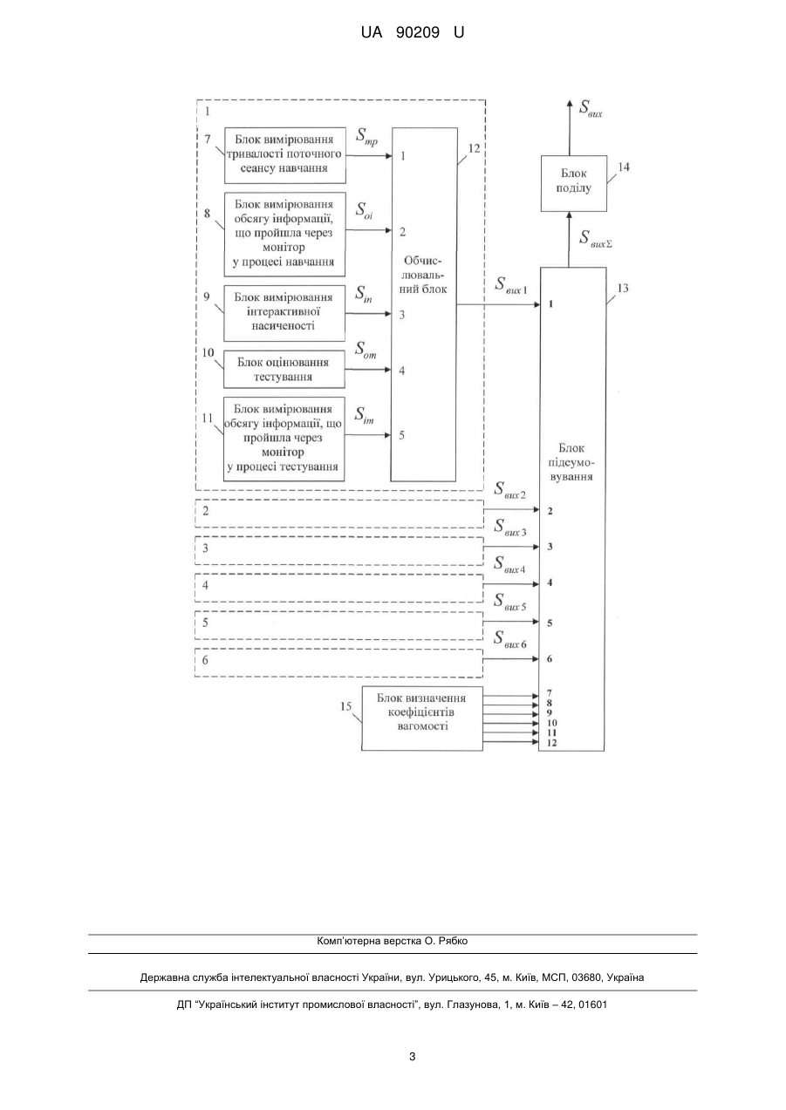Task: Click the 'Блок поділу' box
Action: pyautogui.click(x=574, y=183)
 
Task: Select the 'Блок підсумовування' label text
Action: pyautogui.click(x=571, y=462)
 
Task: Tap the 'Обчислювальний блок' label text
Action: pyautogui.click(x=423, y=275)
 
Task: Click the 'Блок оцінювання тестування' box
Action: pyautogui.click(x=284, y=369)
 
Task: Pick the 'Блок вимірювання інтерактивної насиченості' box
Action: pyautogui.click(x=284, y=313)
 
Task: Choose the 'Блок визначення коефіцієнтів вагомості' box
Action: pyautogui.click(x=422, y=718)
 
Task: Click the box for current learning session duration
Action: pyautogui.click(x=285, y=155)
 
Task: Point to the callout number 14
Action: pyautogui.click(x=624, y=167)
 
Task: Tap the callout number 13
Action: pyautogui.click(x=622, y=288)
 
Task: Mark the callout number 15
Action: pyautogui.click(x=345, y=706)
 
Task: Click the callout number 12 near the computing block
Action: pyautogui.click(x=474, y=148)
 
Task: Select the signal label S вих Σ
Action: pyautogui.click(x=596, y=238)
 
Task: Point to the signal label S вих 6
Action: pyautogui.click(x=509, y=639)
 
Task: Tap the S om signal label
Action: pyautogui.click(x=366, y=350)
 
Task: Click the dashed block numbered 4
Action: pyautogui.click(x=339, y=589)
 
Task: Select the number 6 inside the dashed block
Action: pyautogui.click(x=205, y=660)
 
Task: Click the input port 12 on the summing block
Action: pyautogui.click(x=551, y=743)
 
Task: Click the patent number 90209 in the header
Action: pyautogui.click(x=418, y=32)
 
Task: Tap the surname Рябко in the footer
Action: pyautogui.click(x=452, y=941)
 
